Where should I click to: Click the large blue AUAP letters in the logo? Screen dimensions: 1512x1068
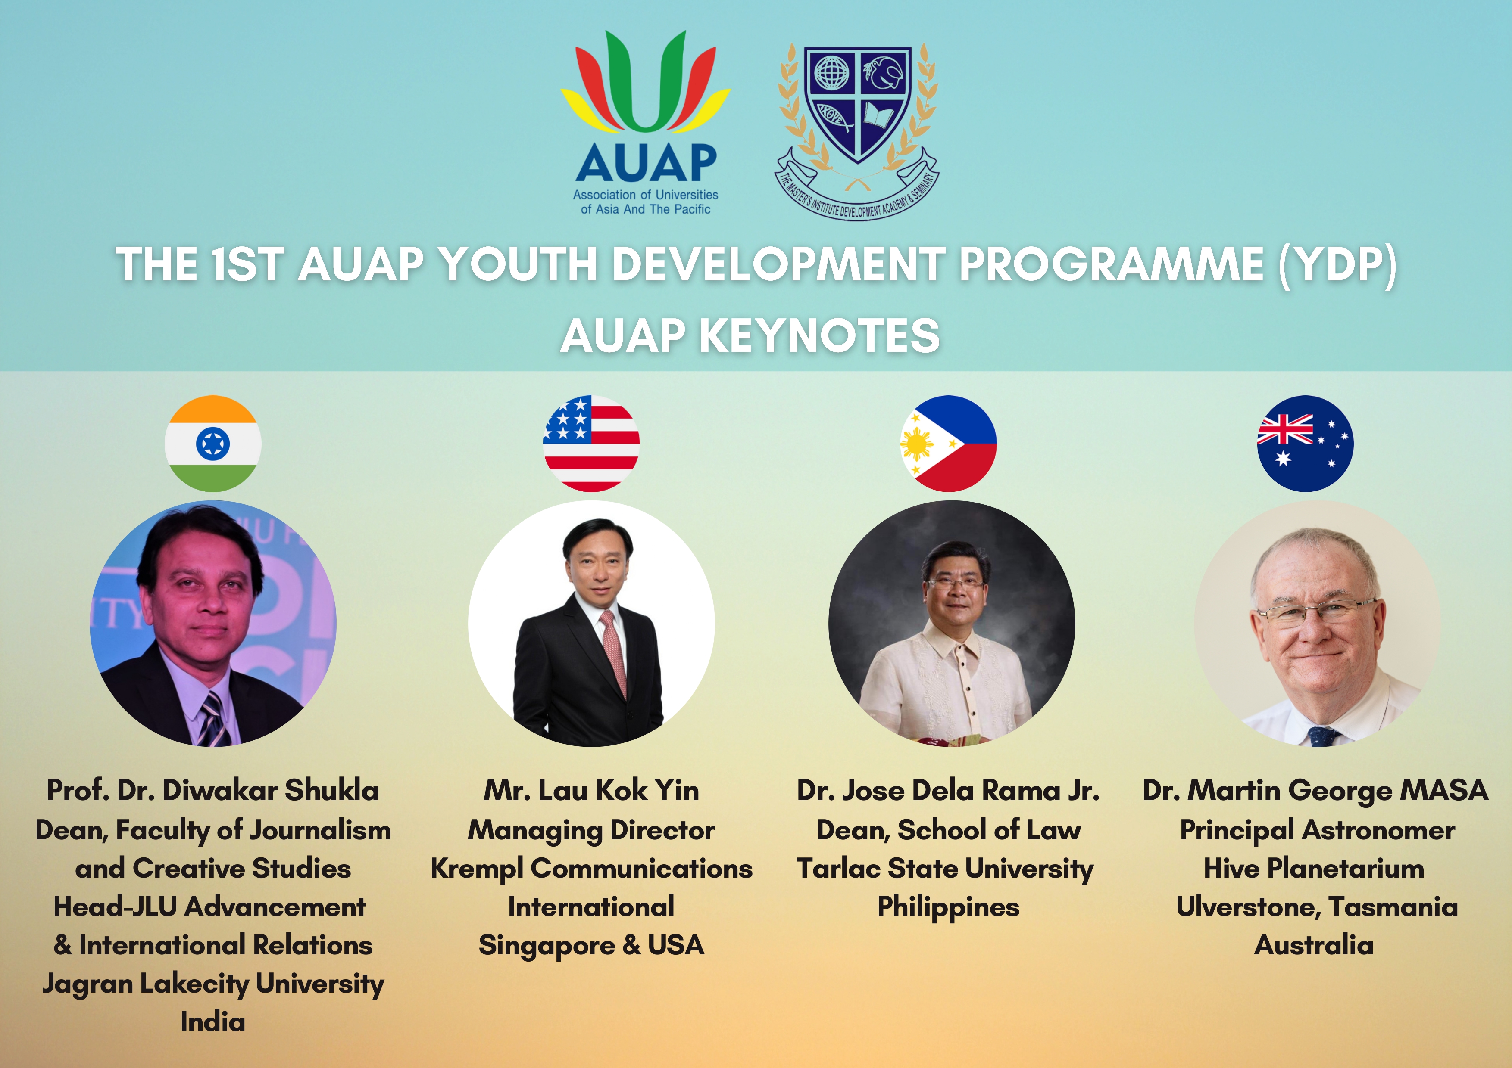[x=646, y=162]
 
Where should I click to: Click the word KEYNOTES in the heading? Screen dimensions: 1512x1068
[x=819, y=335]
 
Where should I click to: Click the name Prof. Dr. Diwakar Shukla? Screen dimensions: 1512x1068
[x=213, y=790]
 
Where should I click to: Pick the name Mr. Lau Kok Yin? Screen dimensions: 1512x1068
[x=591, y=790]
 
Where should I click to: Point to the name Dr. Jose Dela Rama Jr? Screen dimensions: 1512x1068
[x=948, y=790]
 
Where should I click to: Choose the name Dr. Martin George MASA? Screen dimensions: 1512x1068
[x=1315, y=790]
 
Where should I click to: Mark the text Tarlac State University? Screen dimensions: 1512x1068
[x=945, y=869]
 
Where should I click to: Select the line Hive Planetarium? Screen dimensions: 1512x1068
[x=1314, y=869]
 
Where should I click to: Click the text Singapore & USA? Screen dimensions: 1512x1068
[x=591, y=946]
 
